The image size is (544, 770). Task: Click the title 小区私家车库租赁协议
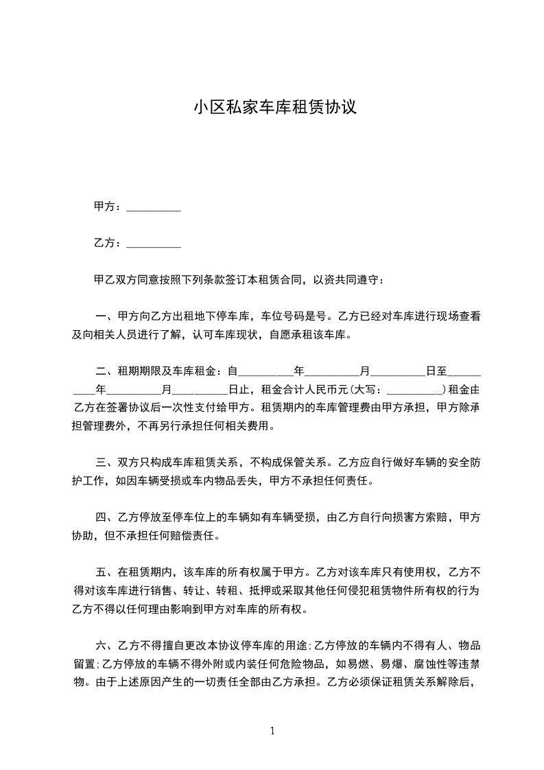click(274, 108)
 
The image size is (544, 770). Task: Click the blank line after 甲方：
click(154, 207)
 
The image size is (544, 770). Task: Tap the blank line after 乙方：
click(154, 244)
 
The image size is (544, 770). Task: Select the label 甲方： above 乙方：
click(108, 207)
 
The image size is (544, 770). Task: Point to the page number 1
click(272, 731)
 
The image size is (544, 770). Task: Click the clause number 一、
click(107, 317)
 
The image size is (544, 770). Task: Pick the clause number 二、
click(107, 372)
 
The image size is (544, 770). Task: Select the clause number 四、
click(107, 517)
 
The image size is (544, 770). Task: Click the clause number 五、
click(107, 572)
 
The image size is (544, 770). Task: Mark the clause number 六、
click(107, 645)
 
